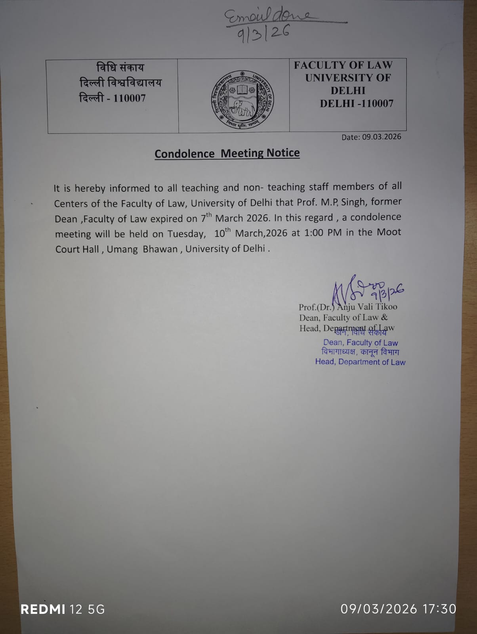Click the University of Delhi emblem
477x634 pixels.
242,100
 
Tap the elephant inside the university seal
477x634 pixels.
242,107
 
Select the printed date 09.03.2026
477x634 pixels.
382,137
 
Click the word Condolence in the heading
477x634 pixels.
184,154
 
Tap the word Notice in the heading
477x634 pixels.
283,153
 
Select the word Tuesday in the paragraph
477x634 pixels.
186,234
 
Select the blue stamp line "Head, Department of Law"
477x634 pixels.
360,362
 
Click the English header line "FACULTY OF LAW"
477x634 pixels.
343,65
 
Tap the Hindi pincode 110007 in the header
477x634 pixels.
129,98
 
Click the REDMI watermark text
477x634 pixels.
43,609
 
